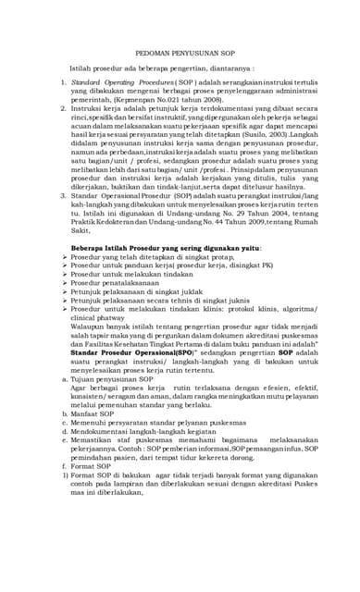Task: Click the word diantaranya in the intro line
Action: [x=220, y=69]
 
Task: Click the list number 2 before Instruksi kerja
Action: [x=52, y=107]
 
